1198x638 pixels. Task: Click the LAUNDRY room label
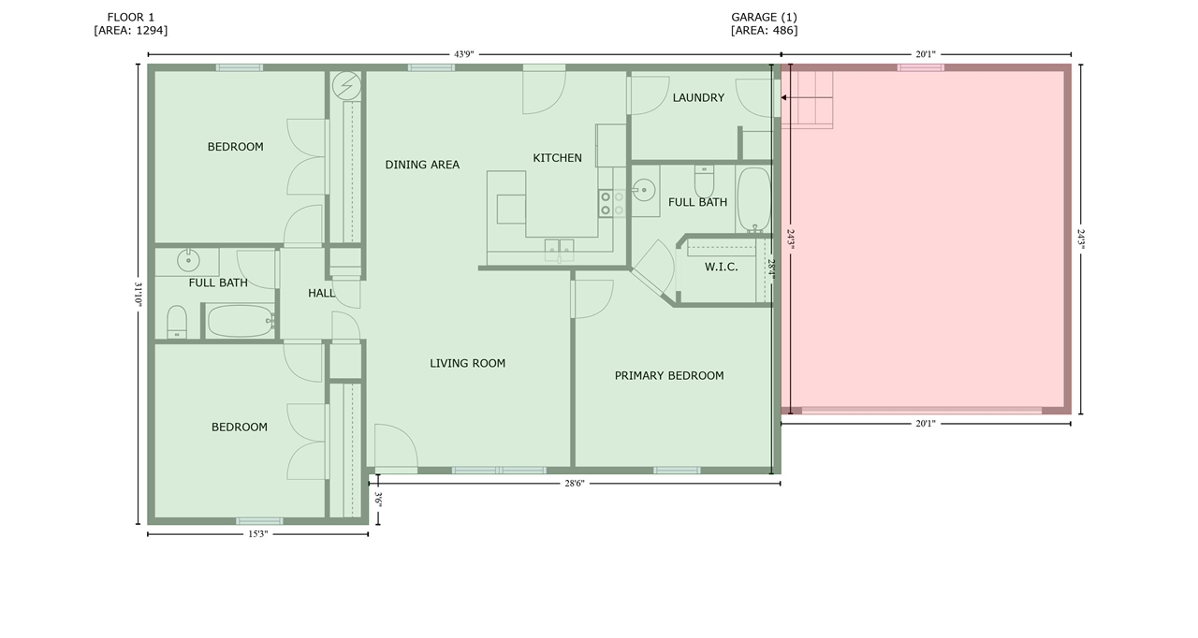(698, 98)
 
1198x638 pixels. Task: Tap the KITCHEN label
(557, 158)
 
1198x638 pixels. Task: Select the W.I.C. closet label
(721, 267)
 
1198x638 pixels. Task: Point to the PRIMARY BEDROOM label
(669, 376)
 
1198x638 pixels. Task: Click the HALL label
(321, 293)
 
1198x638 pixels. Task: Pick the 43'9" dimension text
(463, 54)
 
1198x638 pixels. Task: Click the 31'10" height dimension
(138, 294)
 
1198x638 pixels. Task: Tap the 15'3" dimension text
(257, 534)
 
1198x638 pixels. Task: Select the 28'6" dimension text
(575, 484)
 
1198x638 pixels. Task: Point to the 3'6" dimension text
(378, 500)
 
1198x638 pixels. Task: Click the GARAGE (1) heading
(764, 17)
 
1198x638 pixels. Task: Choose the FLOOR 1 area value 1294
(152, 31)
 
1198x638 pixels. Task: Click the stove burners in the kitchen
(612, 204)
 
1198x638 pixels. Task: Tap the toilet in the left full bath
(177, 322)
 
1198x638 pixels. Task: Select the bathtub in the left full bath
(241, 321)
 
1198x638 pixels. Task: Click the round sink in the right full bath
(644, 190)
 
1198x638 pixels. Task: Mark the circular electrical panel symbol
(346, 85)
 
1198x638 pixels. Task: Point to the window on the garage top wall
(920, 67)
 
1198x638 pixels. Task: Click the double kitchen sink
(559, 251)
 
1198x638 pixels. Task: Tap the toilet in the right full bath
(704, 181)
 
